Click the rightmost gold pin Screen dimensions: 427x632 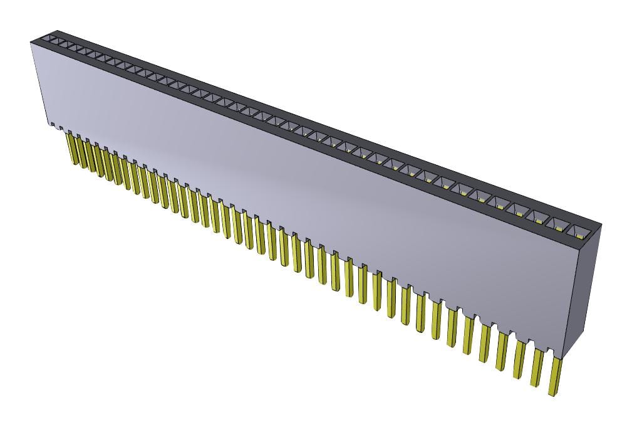(554, 376)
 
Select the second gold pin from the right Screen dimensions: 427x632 (537, 367)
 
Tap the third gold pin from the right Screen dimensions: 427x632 (519, 360)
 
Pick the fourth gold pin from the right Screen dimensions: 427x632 (502, 351)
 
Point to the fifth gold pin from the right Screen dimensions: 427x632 (485, 344)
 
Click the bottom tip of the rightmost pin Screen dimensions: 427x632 (551, 394)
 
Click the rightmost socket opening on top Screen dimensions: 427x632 (577, 230)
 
